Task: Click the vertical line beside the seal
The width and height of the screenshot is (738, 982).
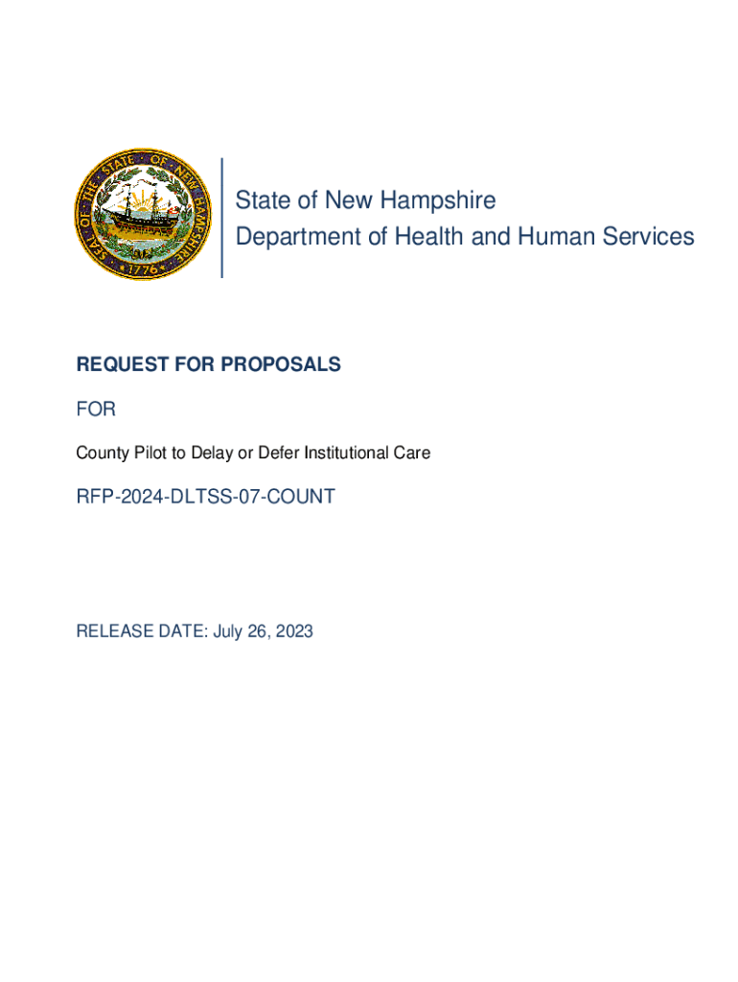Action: tap(221, 218)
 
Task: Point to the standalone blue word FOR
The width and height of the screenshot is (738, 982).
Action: tap(96, 409)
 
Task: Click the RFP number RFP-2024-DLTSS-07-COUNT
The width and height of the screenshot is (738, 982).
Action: tap(205, 497)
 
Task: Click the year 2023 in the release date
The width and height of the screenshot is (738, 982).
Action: tap(293, 631)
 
